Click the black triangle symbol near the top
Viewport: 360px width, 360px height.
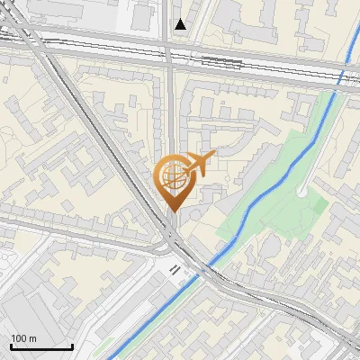click(181, 25)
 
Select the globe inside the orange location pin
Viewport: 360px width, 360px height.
click(173, 178)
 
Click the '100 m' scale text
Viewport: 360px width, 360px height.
click(23, 338)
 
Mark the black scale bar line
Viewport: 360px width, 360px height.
click(41, 347)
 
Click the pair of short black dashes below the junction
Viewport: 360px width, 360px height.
click(175, 268)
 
